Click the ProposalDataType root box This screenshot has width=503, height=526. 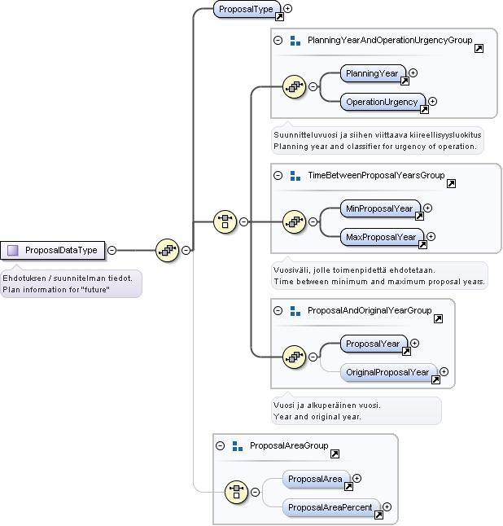point(53,250)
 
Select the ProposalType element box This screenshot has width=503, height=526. point(247,10)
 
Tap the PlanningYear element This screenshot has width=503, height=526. point(373,73)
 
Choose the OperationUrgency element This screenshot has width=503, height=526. point(383,102)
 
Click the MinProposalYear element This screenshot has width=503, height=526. point(380,208)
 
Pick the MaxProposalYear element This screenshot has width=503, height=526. point(382,237)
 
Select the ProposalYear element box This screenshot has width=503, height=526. point(374,344)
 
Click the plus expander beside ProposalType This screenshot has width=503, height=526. point(287,8)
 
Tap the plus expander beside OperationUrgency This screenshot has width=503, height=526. point(432,101)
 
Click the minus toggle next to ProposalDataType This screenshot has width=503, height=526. point(112,250)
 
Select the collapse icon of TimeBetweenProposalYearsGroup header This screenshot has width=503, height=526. point(278,175)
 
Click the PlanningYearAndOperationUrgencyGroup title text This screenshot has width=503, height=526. point(390,40)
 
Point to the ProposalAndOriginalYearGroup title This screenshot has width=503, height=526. point(370,311)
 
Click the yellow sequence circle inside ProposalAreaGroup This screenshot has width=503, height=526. point(236,492)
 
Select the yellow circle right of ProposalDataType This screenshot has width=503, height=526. point(168,250)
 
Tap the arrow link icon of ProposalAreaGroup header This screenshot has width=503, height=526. point(335,454)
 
